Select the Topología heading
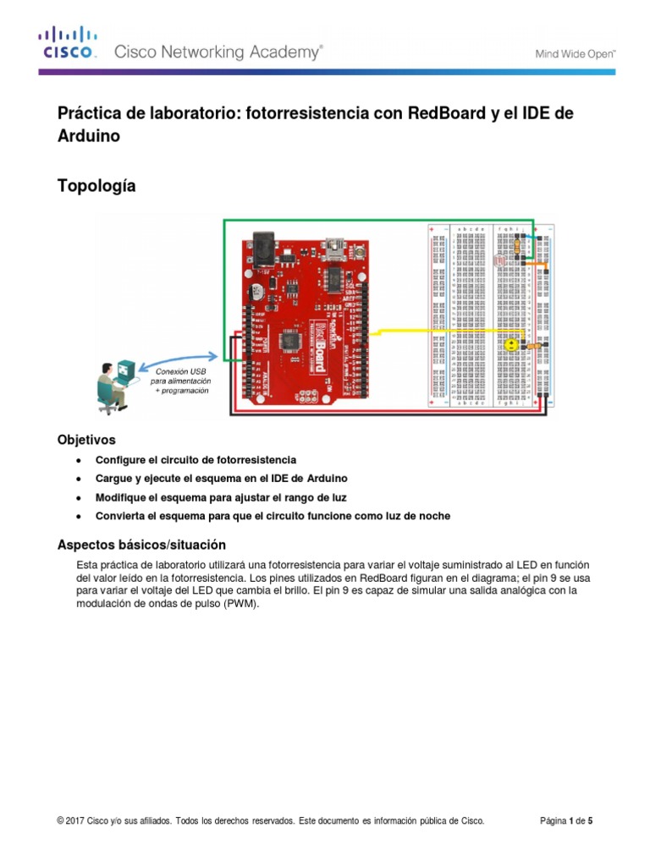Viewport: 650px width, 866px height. [96, 185]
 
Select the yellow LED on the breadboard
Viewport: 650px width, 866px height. [510, 344]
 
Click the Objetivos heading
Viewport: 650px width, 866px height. [86, 440]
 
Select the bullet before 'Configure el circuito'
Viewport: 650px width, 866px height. [79, 460]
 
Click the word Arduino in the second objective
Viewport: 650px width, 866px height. [327, 479]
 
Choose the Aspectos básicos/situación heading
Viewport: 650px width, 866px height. [140, 544]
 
